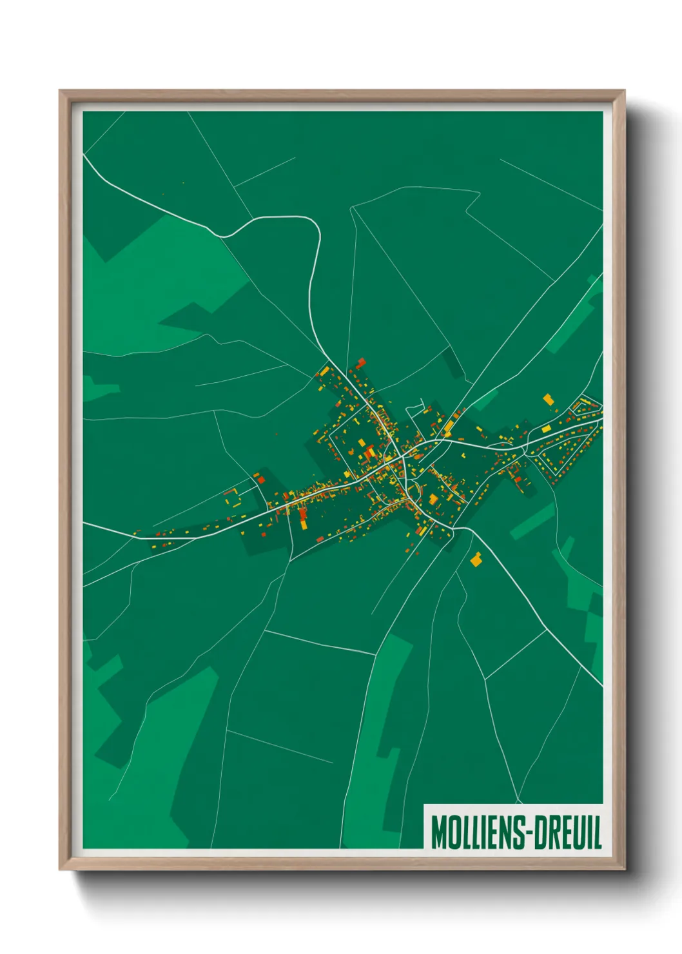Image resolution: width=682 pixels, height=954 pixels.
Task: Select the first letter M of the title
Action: click(x=438, y=832)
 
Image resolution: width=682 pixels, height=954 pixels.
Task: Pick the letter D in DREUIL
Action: click(x=540, y=832)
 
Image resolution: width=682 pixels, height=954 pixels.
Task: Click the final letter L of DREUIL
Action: click(x=597, y=832)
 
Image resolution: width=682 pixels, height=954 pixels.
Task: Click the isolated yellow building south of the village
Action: click(x=476, y=560)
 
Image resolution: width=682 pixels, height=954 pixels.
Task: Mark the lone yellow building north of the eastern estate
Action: click(x=548, y=399)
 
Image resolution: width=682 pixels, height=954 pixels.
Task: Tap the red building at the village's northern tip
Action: click(x=361, y=362)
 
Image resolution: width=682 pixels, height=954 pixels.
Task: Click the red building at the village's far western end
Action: click(x=260, y=478)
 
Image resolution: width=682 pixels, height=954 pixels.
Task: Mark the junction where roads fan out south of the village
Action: click(x=455, y=529)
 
